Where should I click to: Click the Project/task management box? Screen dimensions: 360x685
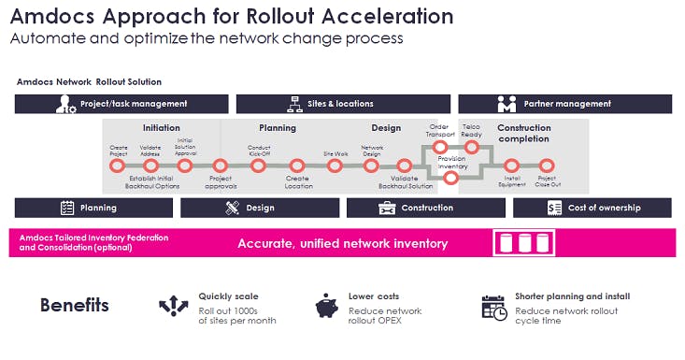(x=121, y=104)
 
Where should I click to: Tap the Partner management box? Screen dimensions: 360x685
(x=564, y=104)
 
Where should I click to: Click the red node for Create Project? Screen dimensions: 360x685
(x=118, y=166)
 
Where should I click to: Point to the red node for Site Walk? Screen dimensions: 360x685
(x=335, y=166)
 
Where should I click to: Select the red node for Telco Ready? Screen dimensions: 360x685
(x=471, y=147)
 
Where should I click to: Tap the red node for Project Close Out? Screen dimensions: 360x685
(x=547, y=166)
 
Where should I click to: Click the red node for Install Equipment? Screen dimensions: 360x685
(x=510, y=166)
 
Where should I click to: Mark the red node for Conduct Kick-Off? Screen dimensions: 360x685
(x=259, y=166)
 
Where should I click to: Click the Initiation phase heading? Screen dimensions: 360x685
(x=162, y=128)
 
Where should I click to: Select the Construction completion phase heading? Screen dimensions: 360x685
(x=523, y=134)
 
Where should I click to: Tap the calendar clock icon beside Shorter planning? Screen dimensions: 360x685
(x=493, y=307)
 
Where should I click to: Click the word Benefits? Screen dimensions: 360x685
(x=74, y=305)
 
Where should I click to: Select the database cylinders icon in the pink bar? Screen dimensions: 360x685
(x=523, y=243)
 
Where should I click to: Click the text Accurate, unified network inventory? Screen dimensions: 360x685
(x=342, y=244)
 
